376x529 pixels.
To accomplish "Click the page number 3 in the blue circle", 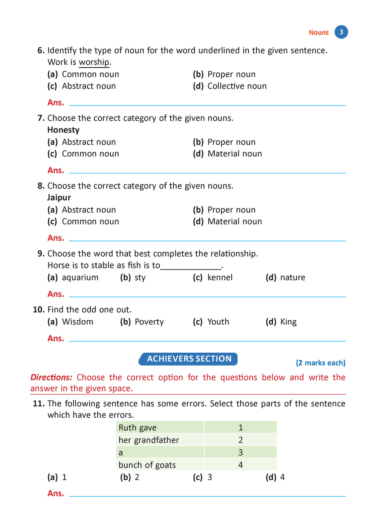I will (x=341, y=32).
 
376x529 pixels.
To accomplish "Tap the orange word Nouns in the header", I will (x=318, y=33).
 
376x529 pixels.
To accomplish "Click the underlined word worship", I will (x=94, y=62).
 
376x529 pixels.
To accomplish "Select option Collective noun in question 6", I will (x=237, y=86).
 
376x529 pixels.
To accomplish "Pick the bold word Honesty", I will (x=63, y=130).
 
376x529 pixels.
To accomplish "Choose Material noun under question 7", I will (x=235, y=154).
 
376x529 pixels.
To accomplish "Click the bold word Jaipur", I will (x=59, y=198).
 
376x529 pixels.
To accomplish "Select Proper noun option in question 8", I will (x=231, y=210).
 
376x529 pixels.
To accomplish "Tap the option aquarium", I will (x=80, y=278).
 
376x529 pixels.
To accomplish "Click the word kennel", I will (x=220, y=278).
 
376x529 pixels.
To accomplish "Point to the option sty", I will (x=140, y=278).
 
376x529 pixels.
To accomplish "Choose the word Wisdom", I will (x=77, y=322).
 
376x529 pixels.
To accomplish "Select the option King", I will (x=288, y=322).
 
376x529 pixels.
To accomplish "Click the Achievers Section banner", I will (x=188, y=359).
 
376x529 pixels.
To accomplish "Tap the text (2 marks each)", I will (x=321, y=363).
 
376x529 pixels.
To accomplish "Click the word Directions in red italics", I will (x=51, y=378).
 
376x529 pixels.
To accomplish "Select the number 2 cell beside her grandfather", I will (x=241, y=440).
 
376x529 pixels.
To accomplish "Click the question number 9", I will (x=41, y=254).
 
